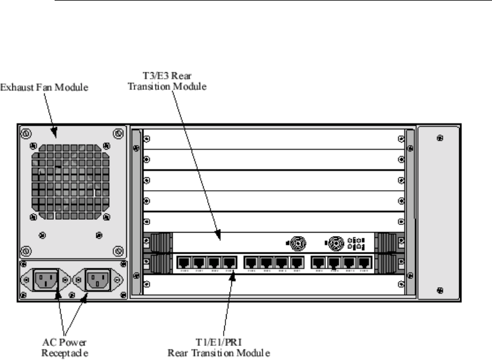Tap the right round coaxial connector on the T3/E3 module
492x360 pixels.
pyautogui.click(x=335, y=242)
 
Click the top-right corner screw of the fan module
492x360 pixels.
pyautogui.click(x=117, y=134)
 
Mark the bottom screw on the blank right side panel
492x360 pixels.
pyautogui.click(x=440, y=289)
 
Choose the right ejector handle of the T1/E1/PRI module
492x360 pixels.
pyautogui.click(x=387, y=263)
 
